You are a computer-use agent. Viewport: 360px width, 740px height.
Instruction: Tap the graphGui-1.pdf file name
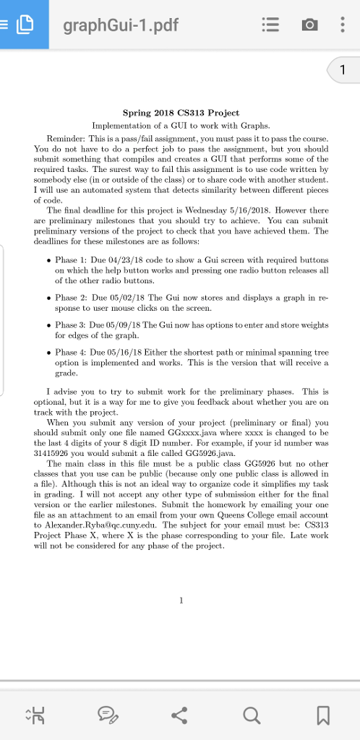click(x=120, y=27)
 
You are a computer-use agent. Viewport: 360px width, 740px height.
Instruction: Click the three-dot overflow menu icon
click(x=341, y=26)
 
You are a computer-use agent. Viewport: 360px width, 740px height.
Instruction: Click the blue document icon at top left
click(x=25, y=25)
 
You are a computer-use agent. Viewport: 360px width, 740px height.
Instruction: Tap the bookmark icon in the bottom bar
click(x=322, y=716)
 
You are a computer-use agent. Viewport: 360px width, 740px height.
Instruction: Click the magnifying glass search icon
click(x=250, y=716)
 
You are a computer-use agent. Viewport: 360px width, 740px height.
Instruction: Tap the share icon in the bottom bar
click(x=180, y=716)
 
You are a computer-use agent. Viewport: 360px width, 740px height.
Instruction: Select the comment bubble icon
click(x=109, y=716)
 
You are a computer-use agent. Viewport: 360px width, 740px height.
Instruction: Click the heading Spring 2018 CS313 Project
click(x=180, y=113)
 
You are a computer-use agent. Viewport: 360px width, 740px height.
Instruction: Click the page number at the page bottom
click(x=181, y=599)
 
